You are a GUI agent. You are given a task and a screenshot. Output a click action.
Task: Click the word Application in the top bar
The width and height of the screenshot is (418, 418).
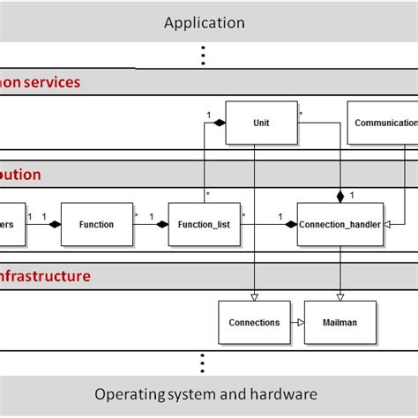pos(205,23)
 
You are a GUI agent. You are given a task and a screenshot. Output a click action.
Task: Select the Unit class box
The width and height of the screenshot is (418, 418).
pos(260,123)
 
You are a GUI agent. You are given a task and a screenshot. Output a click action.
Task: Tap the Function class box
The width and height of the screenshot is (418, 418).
pos(96,225)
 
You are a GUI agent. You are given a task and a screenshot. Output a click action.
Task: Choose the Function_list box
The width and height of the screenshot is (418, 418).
pos(205,225)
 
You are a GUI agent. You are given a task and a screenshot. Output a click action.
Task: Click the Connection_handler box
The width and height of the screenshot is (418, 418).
pos(340,225)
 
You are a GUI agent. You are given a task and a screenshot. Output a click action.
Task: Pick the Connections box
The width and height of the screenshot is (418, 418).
pos(254,323)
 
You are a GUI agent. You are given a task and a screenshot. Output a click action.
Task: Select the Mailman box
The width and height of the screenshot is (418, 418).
pos(340,323)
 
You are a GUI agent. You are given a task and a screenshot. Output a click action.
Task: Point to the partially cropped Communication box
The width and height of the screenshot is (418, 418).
pos(384,123)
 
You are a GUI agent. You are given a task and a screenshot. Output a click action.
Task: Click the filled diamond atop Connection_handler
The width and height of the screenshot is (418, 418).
pos(340,197)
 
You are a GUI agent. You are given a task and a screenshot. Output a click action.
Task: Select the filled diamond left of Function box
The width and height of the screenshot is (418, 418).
pos(54,225)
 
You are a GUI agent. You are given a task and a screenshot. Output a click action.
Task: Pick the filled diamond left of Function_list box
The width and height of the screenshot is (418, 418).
pos(161,225)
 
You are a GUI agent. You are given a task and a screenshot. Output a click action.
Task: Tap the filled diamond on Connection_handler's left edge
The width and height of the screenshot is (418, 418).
pos(290,225)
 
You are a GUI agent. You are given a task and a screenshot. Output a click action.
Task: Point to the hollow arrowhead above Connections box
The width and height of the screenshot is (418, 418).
pos(254,295)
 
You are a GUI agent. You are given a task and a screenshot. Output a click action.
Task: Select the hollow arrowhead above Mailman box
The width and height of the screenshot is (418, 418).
pos(340,295)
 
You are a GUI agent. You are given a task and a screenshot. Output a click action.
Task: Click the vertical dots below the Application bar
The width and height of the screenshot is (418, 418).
pos(204,56)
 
